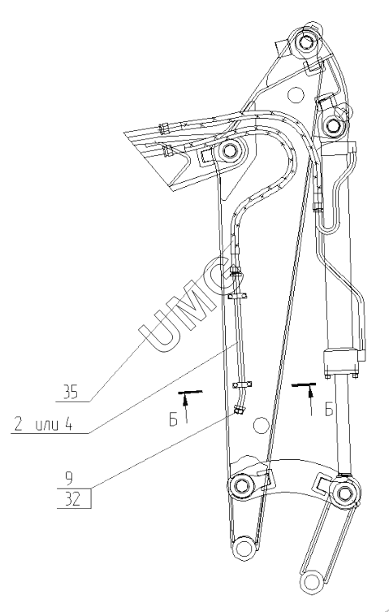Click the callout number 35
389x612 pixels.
click(x=71, y=393)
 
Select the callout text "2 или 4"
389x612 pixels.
click(x=43, y=424)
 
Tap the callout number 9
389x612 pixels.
click(x=69, y=478)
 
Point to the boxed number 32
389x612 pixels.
click(x=74, y=498)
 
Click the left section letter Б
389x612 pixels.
click(x=173, y=420)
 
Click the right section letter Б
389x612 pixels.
click(x=329, y=410)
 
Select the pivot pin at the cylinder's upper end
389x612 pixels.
click(x=333, y=126)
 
